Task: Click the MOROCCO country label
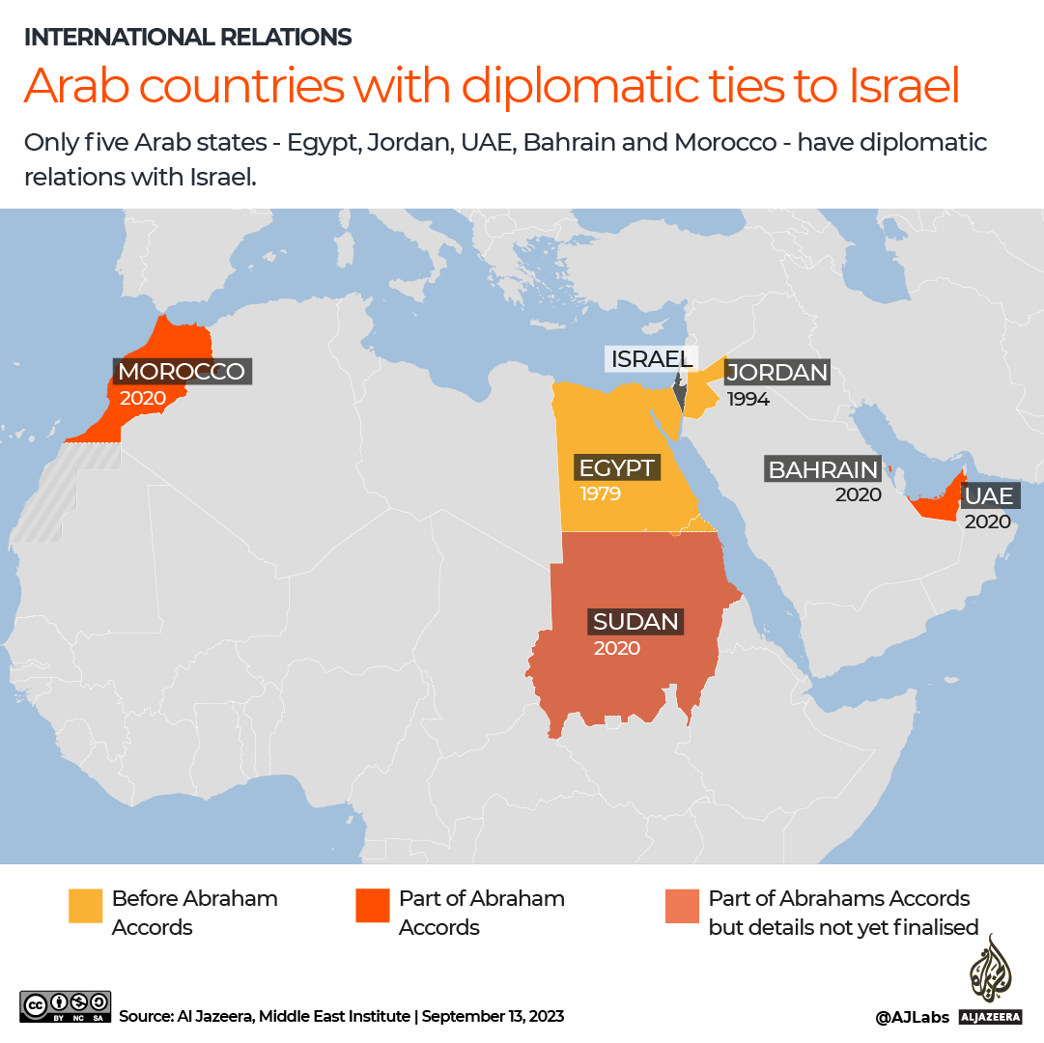click(x=182, y=372)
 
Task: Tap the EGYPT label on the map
click(x=617, y=468)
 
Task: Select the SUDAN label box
click(x=635, y=621)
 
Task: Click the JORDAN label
click(x=777, y=373)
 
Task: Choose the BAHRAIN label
click(x=823, y=470)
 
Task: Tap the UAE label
click(x=989, y=496)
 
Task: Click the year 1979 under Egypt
click(x=600, y=494)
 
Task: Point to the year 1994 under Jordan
click(x=748, y=399)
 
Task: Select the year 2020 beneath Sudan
click(x=617, y=648)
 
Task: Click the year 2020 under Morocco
click(x=143, y=398)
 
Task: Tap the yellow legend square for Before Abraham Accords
click(x=85, y=906)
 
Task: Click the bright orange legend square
click(x=372, y=906)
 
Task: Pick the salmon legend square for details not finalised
click(x=682, y=906)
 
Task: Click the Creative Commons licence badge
click(x=65, y=1006)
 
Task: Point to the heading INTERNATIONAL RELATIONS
click(x=187, y=38)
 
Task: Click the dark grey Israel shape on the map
click(x=680, y=393)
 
